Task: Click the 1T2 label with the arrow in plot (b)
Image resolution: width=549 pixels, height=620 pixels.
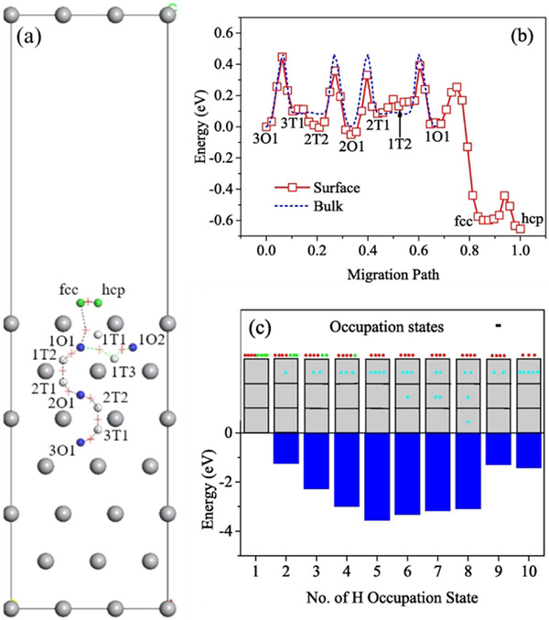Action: coord(401,143)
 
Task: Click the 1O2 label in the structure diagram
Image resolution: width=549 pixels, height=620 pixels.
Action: coord(152,340)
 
